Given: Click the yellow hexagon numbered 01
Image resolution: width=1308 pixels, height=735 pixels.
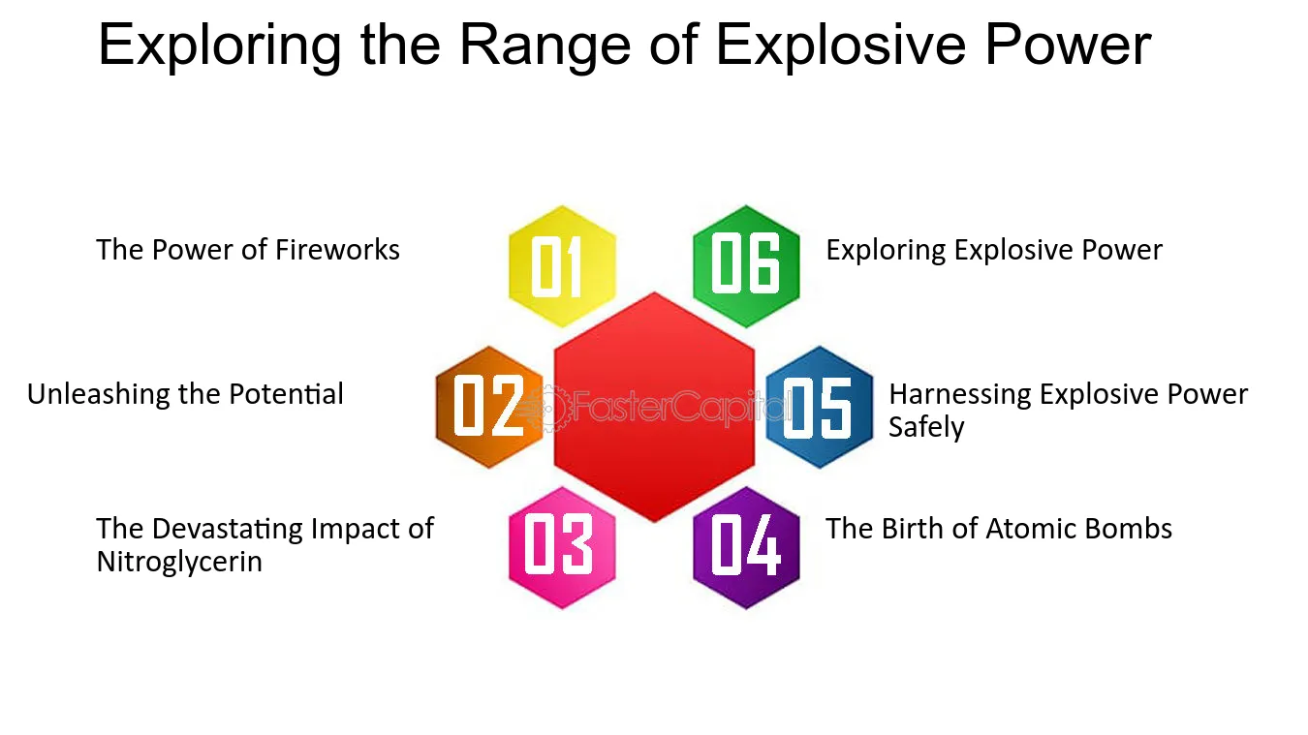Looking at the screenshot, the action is [562, 266].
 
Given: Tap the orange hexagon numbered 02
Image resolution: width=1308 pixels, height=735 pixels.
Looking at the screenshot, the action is [489, 407].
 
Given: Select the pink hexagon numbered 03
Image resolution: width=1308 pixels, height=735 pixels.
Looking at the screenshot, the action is [562, 547].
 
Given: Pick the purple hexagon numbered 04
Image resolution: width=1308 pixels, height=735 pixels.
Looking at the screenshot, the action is [746, 547].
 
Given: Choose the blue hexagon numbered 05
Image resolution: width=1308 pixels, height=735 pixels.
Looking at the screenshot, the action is [820, 407].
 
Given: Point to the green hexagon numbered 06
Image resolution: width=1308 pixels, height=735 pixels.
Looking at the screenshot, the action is [746, 266].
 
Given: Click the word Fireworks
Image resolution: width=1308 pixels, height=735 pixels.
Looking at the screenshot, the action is [337, 250].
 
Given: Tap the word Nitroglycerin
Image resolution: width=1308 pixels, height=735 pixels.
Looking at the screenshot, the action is [179, 563].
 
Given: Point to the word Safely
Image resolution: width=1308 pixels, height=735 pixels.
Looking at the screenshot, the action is [926, 428].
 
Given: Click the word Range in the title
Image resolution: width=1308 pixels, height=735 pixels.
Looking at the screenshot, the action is [545, 45].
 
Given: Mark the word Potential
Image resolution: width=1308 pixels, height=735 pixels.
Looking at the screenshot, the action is [286, 394].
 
